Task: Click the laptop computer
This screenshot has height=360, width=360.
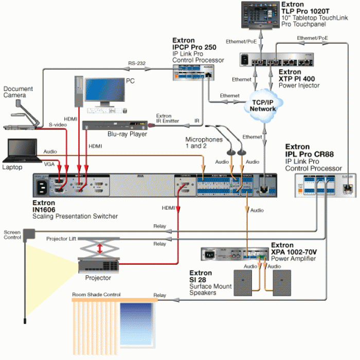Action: (21, 151)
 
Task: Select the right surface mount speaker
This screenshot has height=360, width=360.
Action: (285, 282)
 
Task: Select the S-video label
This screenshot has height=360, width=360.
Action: (58, 124)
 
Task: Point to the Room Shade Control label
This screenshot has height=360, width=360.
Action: (96, 295)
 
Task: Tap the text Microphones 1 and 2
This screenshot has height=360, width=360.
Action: (204, 143)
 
